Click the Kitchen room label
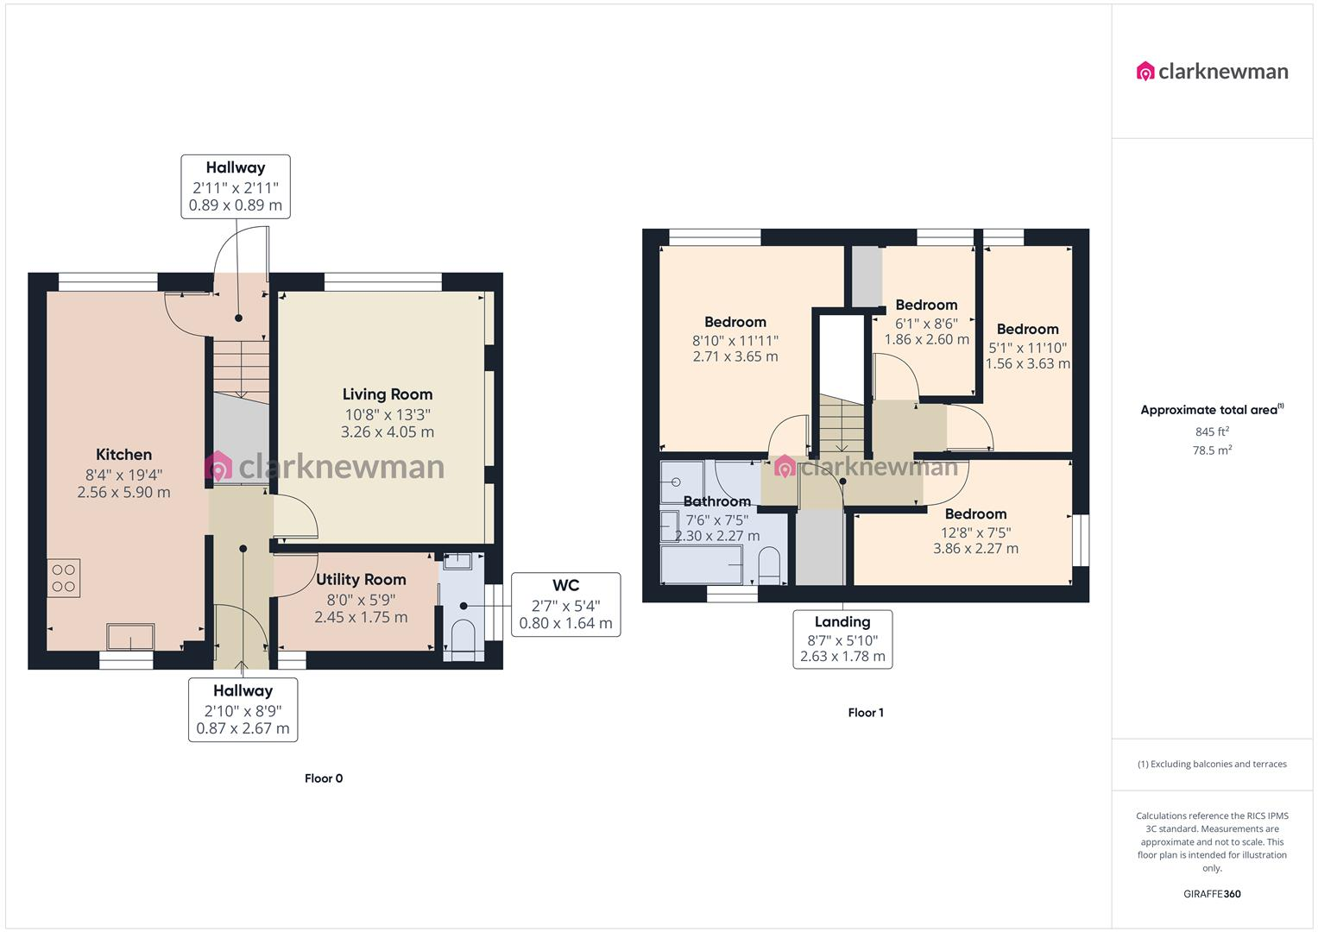123,455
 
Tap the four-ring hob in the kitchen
63,578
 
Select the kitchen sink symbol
130,637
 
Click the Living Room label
387,394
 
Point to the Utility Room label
361,580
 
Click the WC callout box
565,604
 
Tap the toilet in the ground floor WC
463,639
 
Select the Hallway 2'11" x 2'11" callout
235,186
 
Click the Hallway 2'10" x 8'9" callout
243,709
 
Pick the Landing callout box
842,639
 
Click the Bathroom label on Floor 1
716,501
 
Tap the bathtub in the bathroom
701,566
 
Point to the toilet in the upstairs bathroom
770,567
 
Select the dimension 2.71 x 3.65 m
735,356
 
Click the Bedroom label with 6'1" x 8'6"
926,305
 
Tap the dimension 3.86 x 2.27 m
975,549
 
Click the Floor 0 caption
324,778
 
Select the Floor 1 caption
866,713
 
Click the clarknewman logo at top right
1212,72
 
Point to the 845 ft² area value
1212,431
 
